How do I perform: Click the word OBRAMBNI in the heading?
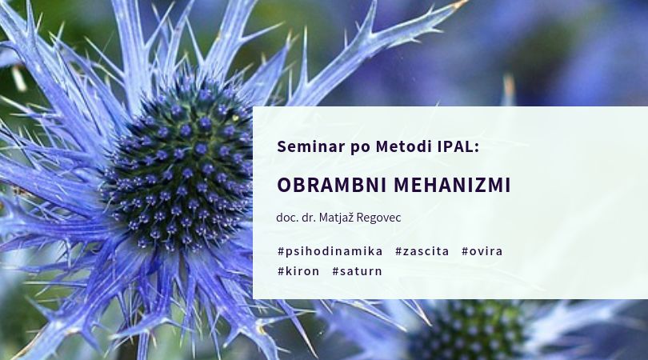(x=332, y=185)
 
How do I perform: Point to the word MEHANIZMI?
(x=452, y=185)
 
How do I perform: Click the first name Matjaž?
(x=336, y=218)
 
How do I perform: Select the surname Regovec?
(x=378, y=218)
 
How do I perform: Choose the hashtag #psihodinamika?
(x=330, y=251)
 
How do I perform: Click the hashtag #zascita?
(x=422, y=251)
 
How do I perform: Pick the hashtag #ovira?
(x=482, y=251)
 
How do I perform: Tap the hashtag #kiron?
(x=298, y=271)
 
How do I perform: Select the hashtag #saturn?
(x=357, y=271)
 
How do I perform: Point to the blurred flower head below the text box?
(x=467, y=330)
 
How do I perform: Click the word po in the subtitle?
(x=360, y=148)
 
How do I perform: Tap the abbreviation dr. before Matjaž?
(x=308, y=218)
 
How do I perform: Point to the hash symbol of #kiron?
(x=281, y=271)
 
